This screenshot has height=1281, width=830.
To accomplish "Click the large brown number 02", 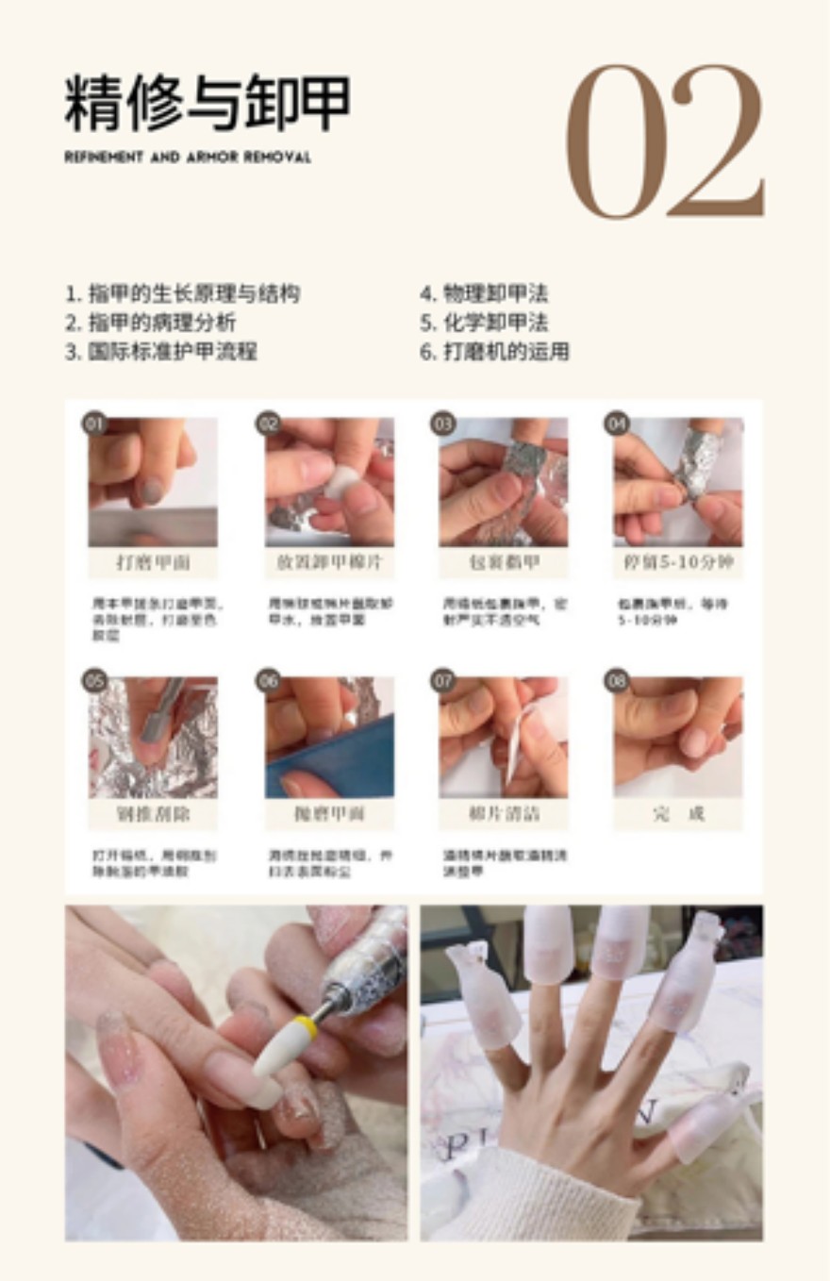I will [x=665, y=141].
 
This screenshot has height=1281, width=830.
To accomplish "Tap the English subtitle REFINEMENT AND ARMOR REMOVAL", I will [x=188, y=158].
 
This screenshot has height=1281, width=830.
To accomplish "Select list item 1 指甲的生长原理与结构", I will [x=183, y=293].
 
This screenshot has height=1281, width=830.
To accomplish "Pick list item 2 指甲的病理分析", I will [x=150, y=323].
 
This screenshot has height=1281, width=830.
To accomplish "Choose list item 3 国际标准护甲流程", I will [x=161, y=352].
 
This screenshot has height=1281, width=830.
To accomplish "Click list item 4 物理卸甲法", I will [x=484, y=293].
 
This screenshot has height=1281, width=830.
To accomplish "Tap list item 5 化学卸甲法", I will [x=484, y=323].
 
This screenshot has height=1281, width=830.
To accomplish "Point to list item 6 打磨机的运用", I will [x=494, y=352].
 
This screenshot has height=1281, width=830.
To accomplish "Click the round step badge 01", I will [x=94, y=424].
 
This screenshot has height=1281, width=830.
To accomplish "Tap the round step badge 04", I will [x=617, y=424].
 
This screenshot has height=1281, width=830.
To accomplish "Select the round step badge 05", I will [x=94, y=681].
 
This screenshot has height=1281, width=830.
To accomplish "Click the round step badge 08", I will [x=617, y=681].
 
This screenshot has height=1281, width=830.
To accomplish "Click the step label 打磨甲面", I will [x=153, y=563].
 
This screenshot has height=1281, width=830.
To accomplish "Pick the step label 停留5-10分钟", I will [x=677, y=563].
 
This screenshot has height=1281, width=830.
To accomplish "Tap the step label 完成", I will [x=677, y=814].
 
